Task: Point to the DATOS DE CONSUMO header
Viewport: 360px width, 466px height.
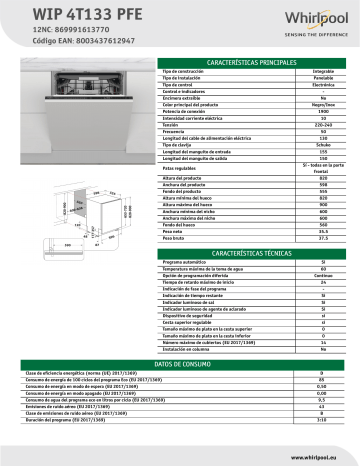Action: tap(49, 365)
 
